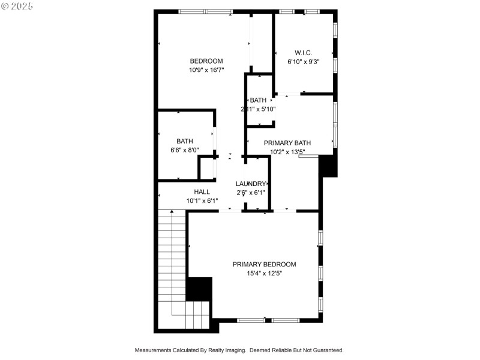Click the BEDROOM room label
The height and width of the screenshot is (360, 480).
206,61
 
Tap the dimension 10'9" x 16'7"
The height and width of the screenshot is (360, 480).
206,70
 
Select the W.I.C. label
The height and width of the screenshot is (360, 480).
303,53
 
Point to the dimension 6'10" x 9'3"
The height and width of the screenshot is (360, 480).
303,61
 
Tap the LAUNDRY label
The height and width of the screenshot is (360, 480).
251,184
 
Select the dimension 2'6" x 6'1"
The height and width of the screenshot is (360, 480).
251,193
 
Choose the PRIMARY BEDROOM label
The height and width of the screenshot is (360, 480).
265,264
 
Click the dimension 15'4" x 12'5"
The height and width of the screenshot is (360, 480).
265,273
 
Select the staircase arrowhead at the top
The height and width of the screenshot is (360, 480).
172,212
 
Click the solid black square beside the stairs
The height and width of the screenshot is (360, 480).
200,289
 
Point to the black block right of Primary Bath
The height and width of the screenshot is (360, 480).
328,165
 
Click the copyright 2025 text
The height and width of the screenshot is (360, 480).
17,6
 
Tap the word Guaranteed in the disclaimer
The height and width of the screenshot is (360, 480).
326,350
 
